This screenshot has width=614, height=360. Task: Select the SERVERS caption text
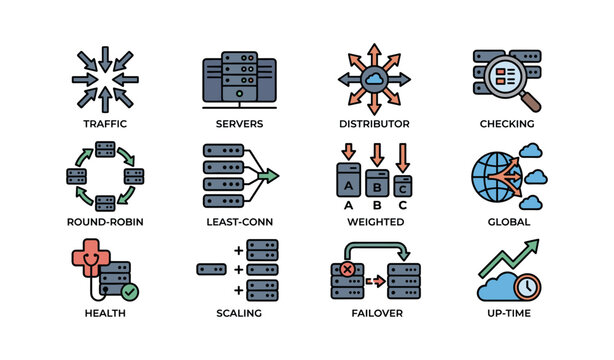(239, 124)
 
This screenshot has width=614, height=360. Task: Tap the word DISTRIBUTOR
(374, 124)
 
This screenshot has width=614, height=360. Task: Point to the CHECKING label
(507, 124)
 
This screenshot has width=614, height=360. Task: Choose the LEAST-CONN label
(239, 221)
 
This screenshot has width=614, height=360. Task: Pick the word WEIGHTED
(374, 221)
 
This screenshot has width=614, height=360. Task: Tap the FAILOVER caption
(374, 313)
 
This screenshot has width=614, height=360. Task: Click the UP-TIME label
(507, 313)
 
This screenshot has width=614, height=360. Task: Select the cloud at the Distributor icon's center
(374, 79)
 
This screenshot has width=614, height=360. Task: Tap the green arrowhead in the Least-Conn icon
(269, 175)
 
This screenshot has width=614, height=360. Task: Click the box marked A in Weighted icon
(348, 185)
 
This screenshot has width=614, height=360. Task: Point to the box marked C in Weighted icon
(401, 187)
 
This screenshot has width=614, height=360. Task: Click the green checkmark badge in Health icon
(128, 292)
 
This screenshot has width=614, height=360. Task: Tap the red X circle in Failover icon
(347, 269)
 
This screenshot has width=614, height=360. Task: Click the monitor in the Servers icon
(239, 78)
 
